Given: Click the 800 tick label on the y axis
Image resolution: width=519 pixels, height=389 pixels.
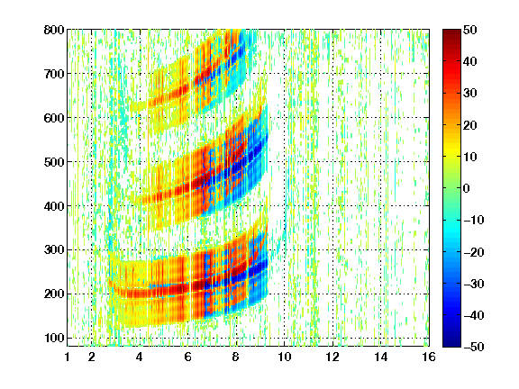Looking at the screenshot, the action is coord(54,30).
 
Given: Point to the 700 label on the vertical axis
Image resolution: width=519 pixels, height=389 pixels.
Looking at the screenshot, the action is coord(54,74).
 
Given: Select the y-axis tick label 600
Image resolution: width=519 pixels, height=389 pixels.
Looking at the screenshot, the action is coord(54,118).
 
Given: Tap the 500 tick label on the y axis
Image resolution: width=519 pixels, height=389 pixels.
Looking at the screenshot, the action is coord(54,162).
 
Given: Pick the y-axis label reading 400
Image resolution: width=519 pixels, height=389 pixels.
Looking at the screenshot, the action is coord(54,206).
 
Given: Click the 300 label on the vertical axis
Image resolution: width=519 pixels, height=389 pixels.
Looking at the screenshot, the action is coord(54,249).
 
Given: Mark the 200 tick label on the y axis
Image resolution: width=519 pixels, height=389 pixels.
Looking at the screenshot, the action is coord(54,294).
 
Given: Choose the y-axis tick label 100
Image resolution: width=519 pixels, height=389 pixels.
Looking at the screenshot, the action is coord(54,338).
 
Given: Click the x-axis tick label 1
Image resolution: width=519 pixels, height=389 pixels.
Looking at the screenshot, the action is coord(68,357).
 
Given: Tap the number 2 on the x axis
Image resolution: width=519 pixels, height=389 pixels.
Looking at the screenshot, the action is coord(92,357).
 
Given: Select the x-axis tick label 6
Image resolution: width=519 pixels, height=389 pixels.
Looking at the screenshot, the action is coord(187,357).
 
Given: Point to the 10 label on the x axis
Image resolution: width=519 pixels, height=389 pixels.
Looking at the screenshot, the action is coord(285,357).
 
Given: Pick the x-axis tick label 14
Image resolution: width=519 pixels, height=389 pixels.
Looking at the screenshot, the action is coord(381,357).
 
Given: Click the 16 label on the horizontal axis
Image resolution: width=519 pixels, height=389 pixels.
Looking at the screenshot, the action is coord(429,357).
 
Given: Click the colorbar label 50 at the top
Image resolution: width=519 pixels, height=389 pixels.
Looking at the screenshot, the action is coord(470,30).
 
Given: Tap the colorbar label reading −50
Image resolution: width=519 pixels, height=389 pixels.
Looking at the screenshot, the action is coord(474,347).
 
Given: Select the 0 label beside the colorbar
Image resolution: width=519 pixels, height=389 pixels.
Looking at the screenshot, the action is coord(467,188).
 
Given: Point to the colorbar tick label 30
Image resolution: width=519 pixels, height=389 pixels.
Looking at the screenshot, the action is coord(470,93).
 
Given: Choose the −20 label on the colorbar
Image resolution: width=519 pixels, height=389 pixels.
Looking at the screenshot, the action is coord(474,252).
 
